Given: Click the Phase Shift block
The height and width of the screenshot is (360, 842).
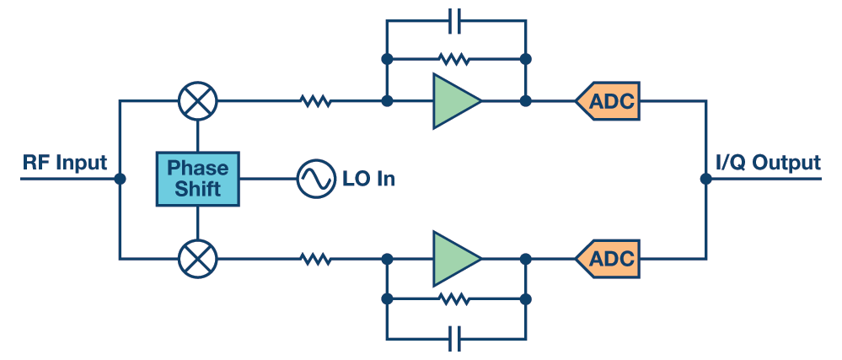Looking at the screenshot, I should tap(197, 179).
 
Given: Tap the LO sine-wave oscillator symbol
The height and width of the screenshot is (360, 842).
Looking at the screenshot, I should tap(316, 179).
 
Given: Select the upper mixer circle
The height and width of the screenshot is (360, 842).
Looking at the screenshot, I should tap(197, 101).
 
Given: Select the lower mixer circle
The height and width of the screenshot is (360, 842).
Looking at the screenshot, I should tap(197, 257).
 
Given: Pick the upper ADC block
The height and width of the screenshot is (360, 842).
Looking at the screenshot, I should tap(609, 101).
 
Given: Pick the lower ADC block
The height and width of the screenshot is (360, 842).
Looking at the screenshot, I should tap(609, 257).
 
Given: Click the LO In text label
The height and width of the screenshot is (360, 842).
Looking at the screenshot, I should tap(368, 179).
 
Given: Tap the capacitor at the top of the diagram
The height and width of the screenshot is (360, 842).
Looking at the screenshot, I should tap(456, 21).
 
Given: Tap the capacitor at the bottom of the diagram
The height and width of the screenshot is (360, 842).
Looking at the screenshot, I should tap(456, 338).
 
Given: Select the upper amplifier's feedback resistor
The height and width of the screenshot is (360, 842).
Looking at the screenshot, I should tap(454, 60).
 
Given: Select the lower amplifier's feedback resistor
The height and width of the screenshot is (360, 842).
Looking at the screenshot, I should tap(454, 298).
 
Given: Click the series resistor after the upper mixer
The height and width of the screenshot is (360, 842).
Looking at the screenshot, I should tap(316, 101).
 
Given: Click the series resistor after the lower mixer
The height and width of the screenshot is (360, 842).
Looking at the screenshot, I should tap(316, 257).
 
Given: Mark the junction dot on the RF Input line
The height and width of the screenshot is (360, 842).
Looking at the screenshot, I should tap(120, 179).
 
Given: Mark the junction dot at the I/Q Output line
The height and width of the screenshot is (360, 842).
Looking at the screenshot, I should tap(705, 179).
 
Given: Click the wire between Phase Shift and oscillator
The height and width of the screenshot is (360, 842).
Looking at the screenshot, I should tap(267, 179).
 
